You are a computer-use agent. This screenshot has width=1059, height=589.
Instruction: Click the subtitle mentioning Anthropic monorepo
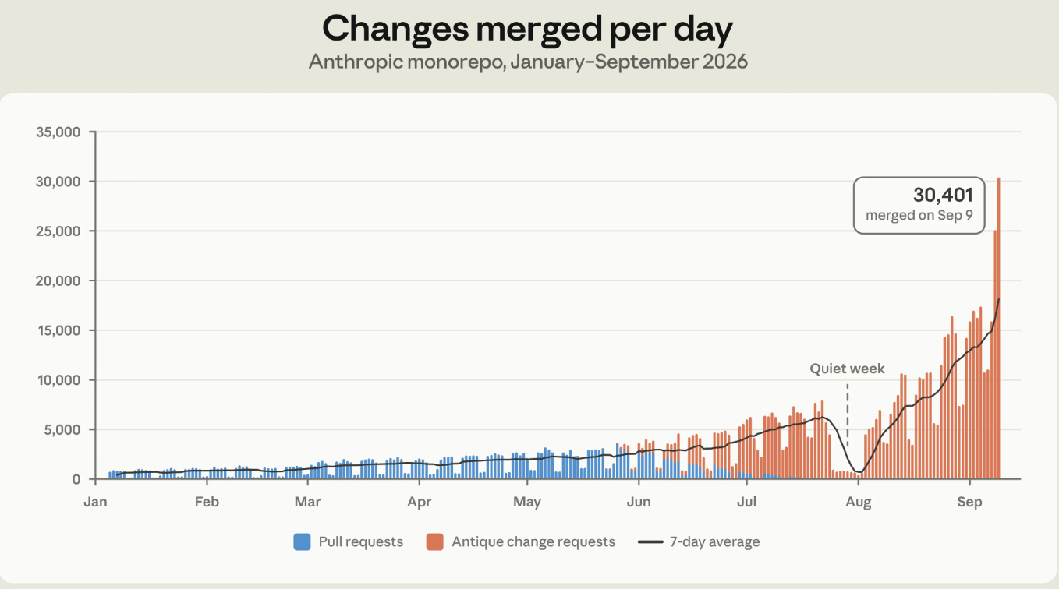528,62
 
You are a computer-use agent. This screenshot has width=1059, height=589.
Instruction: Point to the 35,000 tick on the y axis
58,132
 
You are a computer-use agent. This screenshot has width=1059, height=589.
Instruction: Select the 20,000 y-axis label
58,280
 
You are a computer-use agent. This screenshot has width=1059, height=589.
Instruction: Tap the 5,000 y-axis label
62,429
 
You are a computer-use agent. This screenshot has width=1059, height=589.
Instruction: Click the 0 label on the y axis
76,479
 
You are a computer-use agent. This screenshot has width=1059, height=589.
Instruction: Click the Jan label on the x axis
95,501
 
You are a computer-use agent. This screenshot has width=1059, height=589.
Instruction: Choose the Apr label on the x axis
420,502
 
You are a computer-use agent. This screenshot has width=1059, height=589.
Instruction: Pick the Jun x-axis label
639,501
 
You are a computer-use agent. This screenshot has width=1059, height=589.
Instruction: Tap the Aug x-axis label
858,502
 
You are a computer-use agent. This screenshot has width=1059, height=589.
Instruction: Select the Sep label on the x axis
969,502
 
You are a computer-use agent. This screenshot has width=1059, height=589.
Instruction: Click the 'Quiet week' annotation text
847,369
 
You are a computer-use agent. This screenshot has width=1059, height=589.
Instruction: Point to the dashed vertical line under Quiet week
847,414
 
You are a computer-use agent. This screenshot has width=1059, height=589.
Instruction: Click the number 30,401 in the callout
943,195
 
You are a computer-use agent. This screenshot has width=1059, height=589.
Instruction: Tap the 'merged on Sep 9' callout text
919,215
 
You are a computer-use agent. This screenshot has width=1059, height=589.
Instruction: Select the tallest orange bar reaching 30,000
998,328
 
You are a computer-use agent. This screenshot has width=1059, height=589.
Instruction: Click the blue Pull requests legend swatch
302,541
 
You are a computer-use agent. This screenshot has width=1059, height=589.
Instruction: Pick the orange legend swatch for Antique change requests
435,541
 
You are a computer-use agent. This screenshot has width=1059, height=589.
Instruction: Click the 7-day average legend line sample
650,541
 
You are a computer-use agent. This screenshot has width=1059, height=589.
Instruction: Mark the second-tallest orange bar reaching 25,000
995,354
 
